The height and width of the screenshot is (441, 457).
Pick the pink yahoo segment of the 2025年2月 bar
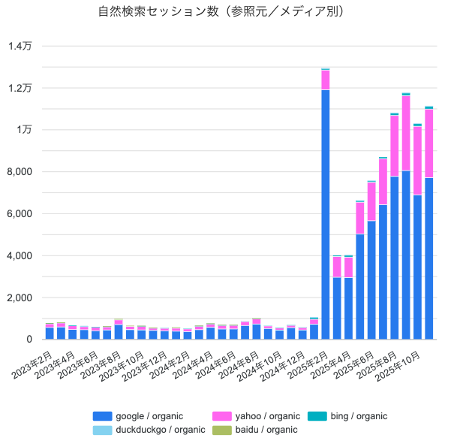click(x=325, y=80)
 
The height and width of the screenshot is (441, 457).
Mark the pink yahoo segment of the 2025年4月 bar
click(x=348, y=267)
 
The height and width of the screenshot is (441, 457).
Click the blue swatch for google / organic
click(x=103, y=415)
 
